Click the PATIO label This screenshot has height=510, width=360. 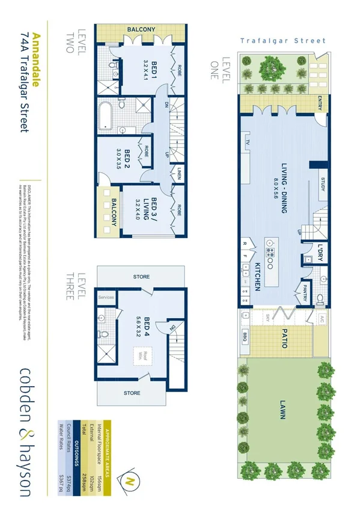[x=282, y=339]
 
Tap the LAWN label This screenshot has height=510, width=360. [x=282, y=415]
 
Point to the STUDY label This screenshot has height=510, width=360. [x=322, y=185]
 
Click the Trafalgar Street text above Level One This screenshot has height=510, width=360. [x=282, y=41]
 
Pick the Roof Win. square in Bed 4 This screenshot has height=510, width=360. [x=141, y=356]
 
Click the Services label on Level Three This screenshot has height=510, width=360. [x=106, y=298]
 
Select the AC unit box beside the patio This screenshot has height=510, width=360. [x=322, y=319]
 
